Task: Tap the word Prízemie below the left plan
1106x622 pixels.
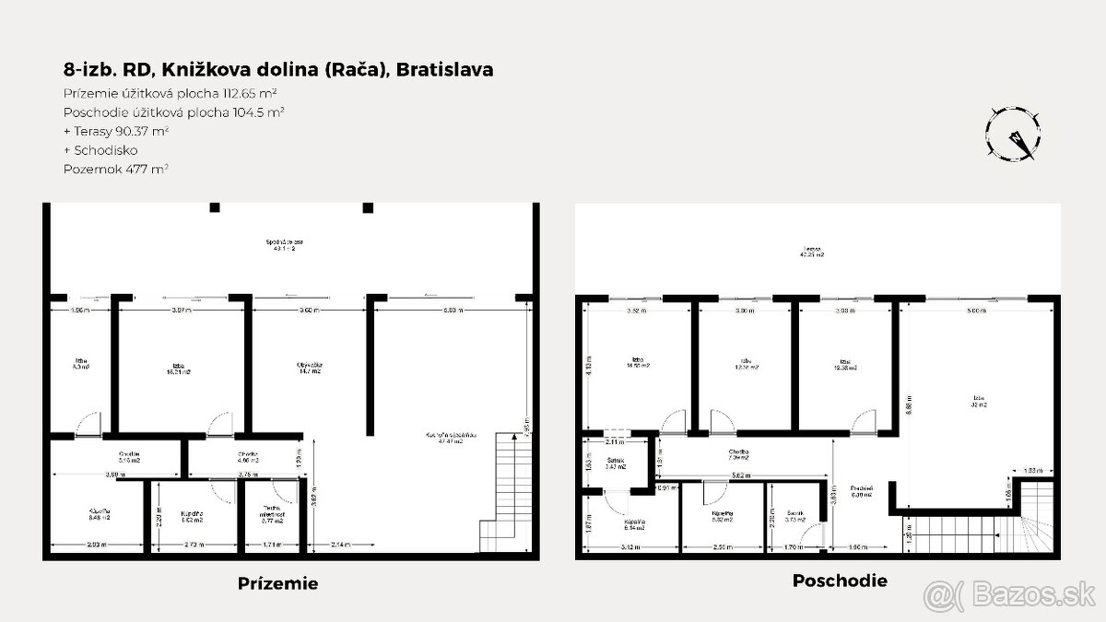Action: pyautogui.click(x=277, y=583)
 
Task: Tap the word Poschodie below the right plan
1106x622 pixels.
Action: pyautogui.click(x=840, y=581)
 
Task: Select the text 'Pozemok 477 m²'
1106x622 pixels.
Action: pyautogui.click(x=115, y=169)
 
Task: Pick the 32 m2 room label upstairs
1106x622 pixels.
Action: pyautogui.click(x=978, y=402)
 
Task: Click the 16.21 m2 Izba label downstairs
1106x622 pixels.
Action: pyautogui.click(x=171, y=368)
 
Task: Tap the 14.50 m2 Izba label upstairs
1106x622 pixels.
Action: pyautogui.click(x=637, y=362)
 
